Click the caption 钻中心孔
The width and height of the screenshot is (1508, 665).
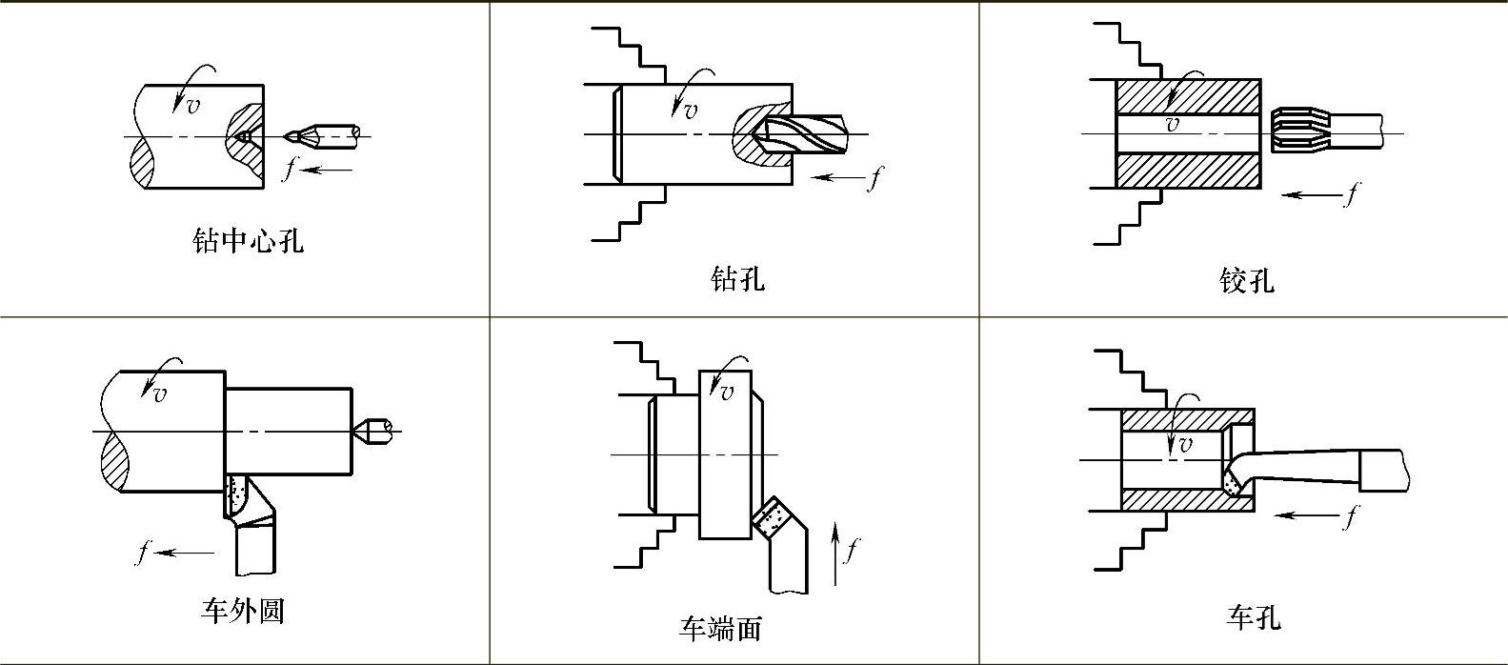[x=248, y=240]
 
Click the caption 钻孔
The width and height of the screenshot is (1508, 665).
[x=737, y=279]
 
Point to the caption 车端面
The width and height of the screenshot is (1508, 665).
[x=720, y=629]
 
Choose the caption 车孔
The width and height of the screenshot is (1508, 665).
[x=1253, y=618]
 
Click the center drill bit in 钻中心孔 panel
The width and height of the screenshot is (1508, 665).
[x=324, y=135]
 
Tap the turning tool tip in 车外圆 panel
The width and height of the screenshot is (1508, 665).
[x=237, y=495]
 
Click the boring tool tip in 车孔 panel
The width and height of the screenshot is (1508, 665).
[x=1237, y=484]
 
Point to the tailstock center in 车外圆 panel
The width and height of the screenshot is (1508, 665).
[x=374, y=432]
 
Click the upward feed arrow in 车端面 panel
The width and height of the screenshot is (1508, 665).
[x=835, y=553]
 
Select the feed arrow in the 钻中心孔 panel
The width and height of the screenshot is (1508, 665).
[x=331, y=171]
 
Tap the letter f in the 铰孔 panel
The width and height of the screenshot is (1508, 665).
[x=1349, y=194]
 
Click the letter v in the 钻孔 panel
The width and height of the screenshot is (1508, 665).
[x=689, y=111]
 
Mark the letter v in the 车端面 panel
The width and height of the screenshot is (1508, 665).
[x=727, y=392]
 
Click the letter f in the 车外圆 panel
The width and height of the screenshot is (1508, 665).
[x=143, y=552]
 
